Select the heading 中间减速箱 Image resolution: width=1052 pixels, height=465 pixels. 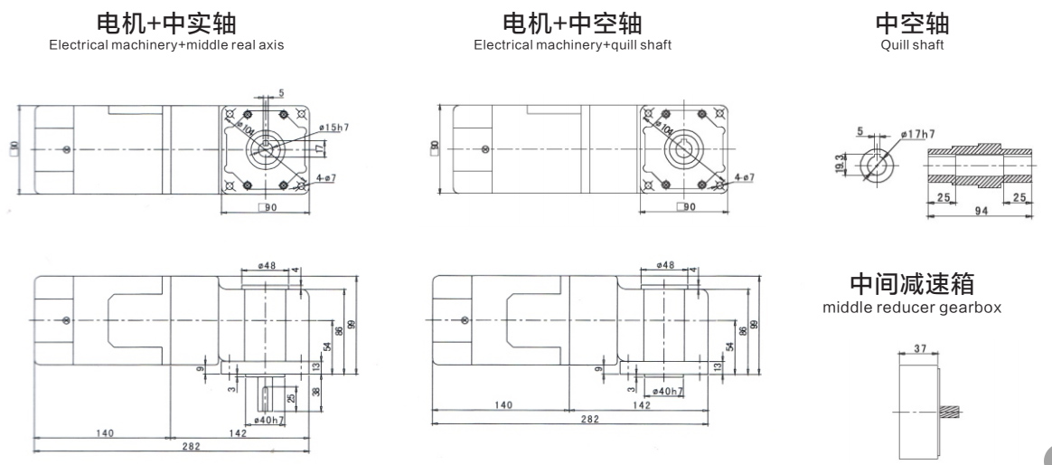pyautogui.click(x=912, y=284)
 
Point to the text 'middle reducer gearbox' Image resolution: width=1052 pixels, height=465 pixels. pyautogui.click(x=912, y=308)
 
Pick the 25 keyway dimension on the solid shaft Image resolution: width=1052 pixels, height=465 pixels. pyautogui.click(x=290, y=398)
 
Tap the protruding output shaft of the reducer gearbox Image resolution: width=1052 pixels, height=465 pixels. pyautogui.click(x=952, y=412)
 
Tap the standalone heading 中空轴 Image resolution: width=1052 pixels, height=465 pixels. pyautogui.click(x=912, y=24)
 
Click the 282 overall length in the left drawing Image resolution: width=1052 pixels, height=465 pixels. pyautogui.click(x=192, y=446)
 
